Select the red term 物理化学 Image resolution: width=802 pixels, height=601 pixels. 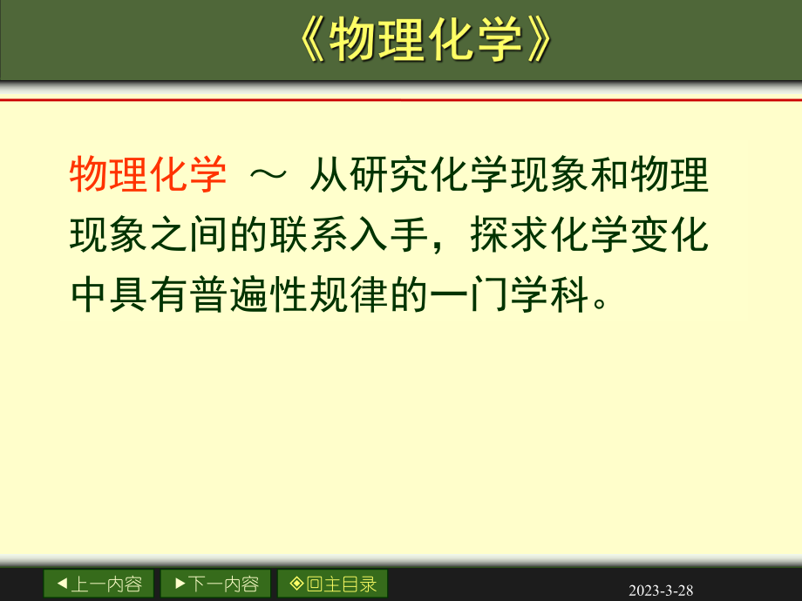147,175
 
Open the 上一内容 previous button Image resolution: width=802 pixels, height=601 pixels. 99,584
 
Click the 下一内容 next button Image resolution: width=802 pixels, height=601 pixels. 215,584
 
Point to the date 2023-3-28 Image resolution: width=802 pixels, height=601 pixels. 661,591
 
